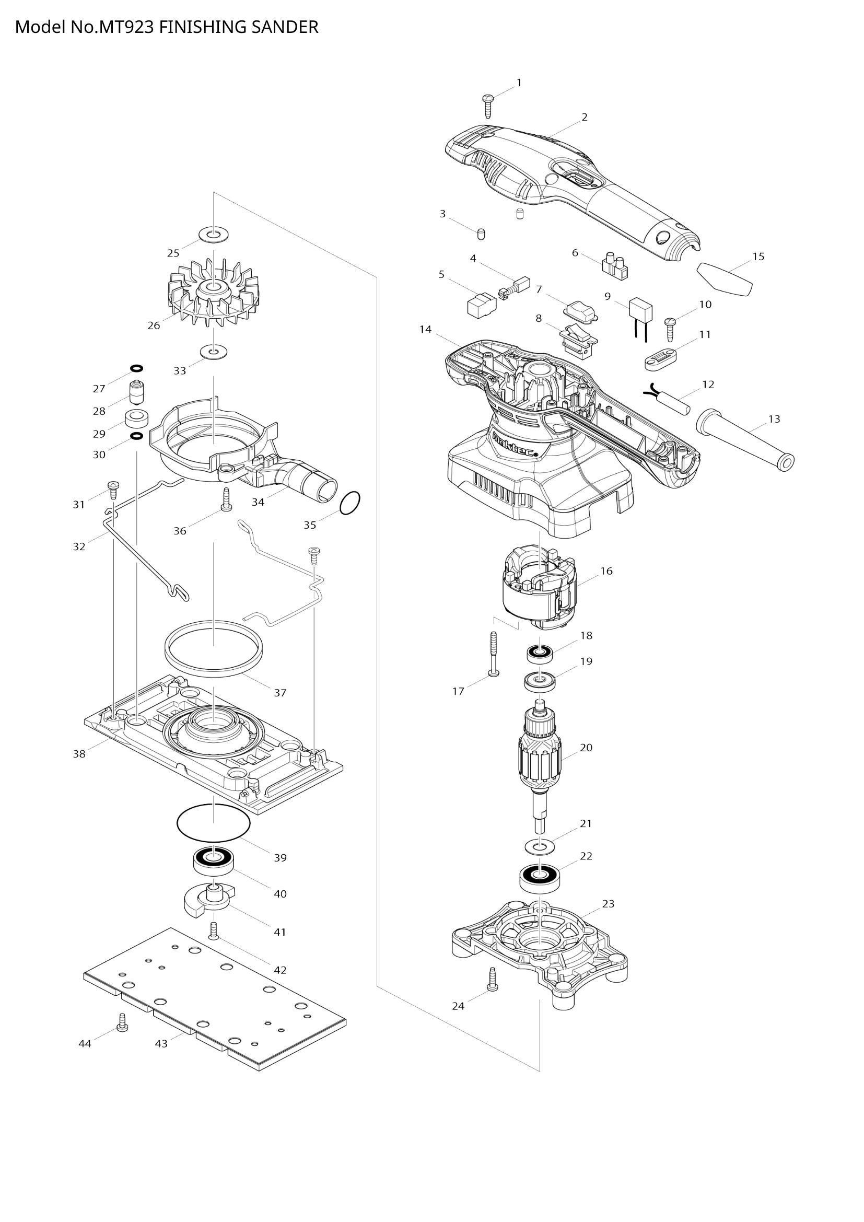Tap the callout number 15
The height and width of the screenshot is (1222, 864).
click(x=758, y=257)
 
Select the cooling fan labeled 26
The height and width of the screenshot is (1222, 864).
click(x=214, y=294)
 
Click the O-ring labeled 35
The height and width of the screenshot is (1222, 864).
click(x=349, y=503)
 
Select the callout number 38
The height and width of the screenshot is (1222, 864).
click(x=79, y=754)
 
